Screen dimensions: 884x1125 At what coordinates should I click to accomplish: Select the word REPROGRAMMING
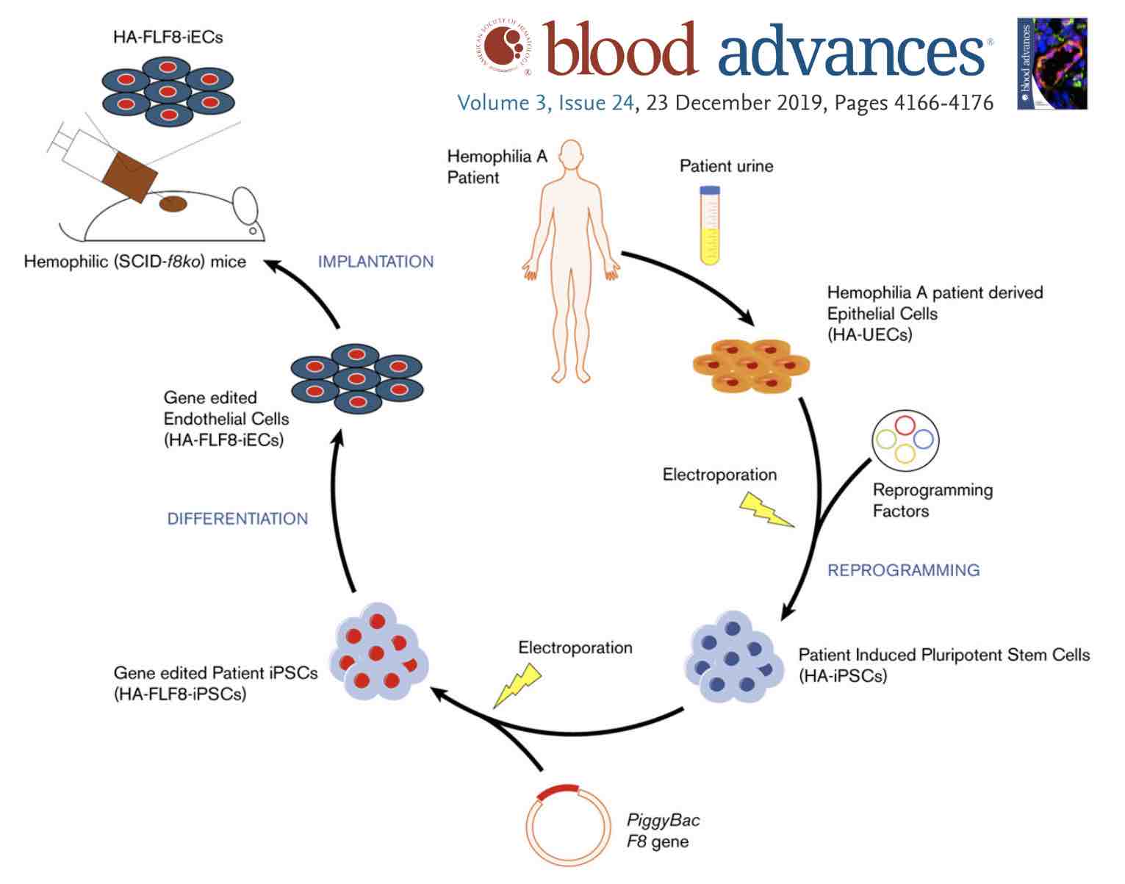pos(903,570)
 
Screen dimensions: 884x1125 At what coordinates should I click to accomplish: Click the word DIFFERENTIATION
pos(237,519)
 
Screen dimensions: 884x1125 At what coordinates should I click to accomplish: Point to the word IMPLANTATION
pos(375,262)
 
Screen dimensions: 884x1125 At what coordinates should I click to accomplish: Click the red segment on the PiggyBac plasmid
pos(558,793)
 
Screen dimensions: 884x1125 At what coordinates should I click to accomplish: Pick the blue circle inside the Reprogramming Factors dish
pos(923,439)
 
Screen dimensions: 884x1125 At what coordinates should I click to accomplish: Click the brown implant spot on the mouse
pos(173,204)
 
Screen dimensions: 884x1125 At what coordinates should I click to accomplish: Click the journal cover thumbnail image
pos(1052,64)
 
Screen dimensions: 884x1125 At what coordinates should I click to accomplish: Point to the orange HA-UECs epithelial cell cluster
pos(750,364)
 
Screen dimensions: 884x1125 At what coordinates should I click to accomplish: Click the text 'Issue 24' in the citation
pos(595,102)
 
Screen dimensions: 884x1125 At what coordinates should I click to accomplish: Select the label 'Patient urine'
pos(726,166)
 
